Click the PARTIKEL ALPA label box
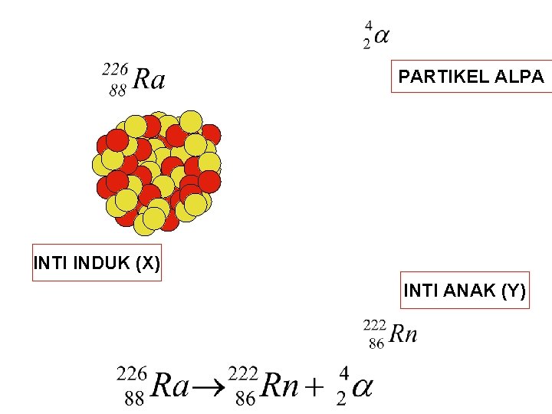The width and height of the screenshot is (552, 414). pos(471,76)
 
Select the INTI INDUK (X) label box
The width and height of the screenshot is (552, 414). pos(97,264)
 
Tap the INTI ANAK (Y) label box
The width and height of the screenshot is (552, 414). pos(464,291)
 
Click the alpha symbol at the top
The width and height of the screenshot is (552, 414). pos(381,35)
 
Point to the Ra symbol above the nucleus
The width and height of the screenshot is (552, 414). pos(148,79)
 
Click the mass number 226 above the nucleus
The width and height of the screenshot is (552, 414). pos(115,69)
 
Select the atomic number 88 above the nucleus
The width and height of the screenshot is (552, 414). pos(118,90)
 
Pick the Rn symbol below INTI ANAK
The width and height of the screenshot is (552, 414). pos(403,333)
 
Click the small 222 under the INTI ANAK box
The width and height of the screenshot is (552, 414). pos(374,325)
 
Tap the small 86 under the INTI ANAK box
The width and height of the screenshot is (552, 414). pos(376,344)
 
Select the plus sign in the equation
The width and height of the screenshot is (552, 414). pos(311,386)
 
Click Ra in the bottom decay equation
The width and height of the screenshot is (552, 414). pos(169,385)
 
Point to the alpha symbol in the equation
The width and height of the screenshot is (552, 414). pos(361,386)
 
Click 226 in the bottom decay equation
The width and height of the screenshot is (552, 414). pos(130,373)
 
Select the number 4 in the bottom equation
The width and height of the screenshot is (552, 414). pos(343,373)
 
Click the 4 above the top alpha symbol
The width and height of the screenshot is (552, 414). pos(368,25)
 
